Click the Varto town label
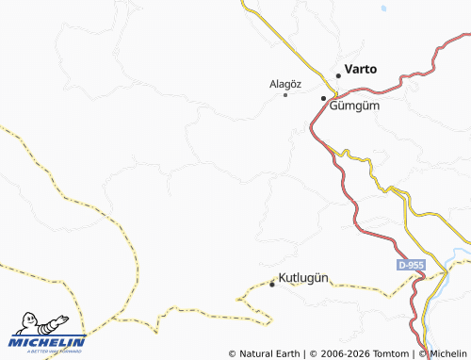tap(361, 69)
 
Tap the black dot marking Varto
tap(338, 75)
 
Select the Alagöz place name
tap(284, 84)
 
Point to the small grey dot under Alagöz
tap(285, 94)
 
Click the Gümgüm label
tap(354, 105)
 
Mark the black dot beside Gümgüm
tap(323, 98)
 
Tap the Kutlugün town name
tap(303, 278)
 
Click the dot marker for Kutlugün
tap(273, 283)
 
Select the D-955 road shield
tap(411, 266)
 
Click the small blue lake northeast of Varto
tap(383, 9)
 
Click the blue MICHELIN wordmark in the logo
tap(47, 342)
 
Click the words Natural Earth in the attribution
tap(269, 353)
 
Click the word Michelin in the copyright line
tap(449, 353)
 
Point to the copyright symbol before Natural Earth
tap(232, 353)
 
